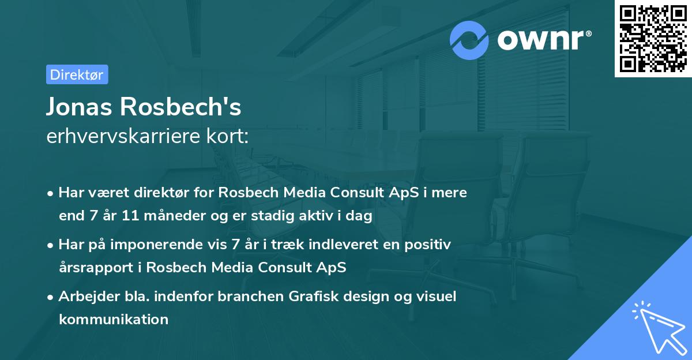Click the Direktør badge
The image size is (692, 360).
click(77, 74)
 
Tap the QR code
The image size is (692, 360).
click(653, 39)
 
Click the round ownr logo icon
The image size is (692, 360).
click(470, 40)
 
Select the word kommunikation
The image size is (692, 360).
click(114, 319)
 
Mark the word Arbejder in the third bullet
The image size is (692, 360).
click(85, 297)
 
